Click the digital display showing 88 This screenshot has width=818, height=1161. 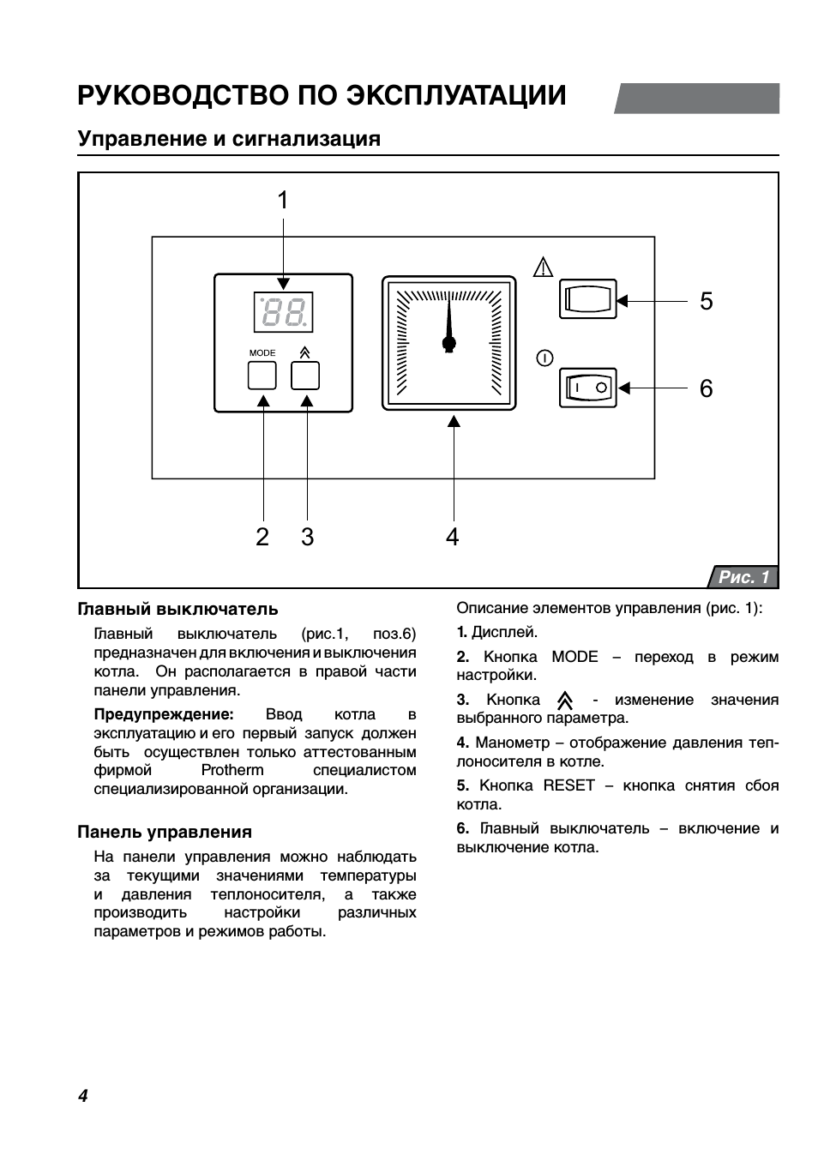point(283,312)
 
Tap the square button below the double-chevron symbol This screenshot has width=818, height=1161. point(305,376)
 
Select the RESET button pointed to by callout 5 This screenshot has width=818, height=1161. point(587,300)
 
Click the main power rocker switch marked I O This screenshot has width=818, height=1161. point(587,388)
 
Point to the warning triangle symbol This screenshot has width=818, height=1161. point(543,267)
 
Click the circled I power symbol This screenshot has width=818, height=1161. point(544,358)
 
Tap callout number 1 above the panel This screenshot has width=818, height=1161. point(283,201)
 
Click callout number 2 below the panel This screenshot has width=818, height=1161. point(262,537)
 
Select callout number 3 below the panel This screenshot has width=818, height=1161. point(307,537)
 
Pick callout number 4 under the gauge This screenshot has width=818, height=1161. point(453,537)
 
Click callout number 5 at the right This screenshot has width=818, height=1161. point(706,301)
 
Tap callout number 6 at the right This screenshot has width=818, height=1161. point(706,388)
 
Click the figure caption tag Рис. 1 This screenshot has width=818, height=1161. point(743,577)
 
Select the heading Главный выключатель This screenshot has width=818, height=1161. point(177,609)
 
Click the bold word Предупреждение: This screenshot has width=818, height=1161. point(164,714)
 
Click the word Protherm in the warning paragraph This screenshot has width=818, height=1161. point(232,770)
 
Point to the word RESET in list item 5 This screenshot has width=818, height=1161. point(568,785)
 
